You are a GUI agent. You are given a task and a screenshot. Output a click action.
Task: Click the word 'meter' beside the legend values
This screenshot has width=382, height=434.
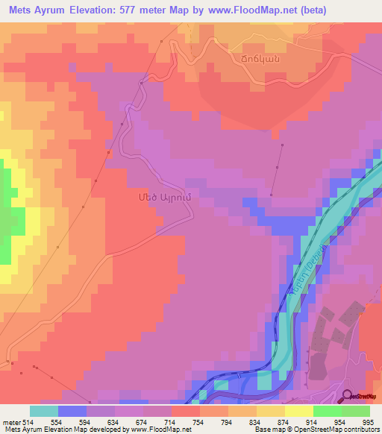(x=10, y=421)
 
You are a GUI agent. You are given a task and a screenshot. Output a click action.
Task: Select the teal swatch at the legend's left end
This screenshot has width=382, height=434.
(x=43, y=411)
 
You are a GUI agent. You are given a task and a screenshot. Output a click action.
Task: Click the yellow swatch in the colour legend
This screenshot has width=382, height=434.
(x=298, y=411)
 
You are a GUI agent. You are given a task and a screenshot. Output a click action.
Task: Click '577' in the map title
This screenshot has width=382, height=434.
(x=145, y=10)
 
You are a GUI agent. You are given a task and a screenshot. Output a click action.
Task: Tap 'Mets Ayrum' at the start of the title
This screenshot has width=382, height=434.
(x=38, y=10)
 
